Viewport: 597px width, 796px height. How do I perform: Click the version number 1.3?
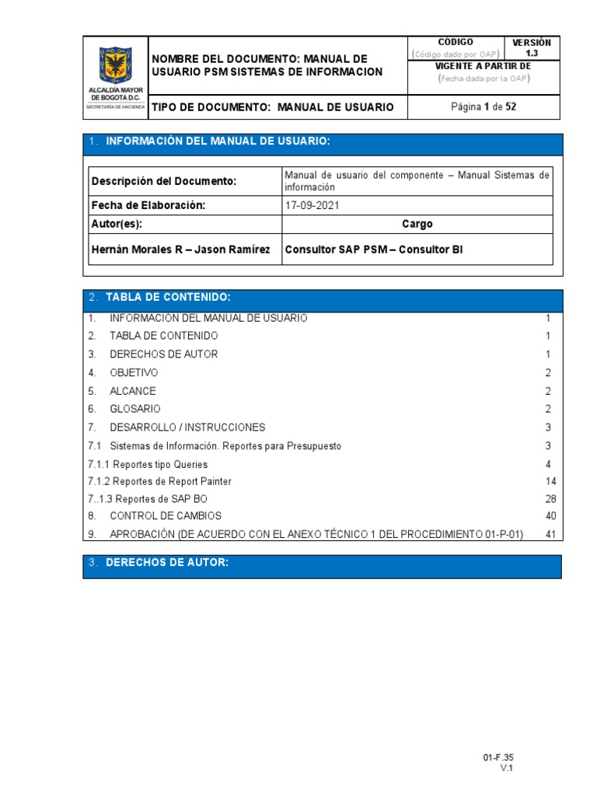[532, 54]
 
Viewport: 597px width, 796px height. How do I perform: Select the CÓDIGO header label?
[456, 42]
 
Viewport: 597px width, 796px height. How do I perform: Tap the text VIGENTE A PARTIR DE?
[483, 67]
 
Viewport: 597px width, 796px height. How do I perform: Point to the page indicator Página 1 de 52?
[484, 106]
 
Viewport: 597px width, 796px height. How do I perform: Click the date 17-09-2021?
[312, 205]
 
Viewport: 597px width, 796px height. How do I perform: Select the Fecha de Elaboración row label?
[148, 205]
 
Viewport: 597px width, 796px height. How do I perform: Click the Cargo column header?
[417, 224]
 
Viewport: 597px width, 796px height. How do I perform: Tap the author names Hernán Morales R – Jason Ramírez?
[180, 250]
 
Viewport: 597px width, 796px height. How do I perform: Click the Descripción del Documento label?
[163, 181]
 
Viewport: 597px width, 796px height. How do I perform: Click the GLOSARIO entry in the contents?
[135, 409]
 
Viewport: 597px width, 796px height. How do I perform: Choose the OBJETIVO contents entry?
[134, 373]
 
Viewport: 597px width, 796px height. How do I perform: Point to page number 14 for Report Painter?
[552, 482]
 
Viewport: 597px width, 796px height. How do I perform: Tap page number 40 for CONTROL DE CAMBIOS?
[552, 516]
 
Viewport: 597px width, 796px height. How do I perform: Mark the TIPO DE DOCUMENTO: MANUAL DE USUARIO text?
[273, 107]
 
